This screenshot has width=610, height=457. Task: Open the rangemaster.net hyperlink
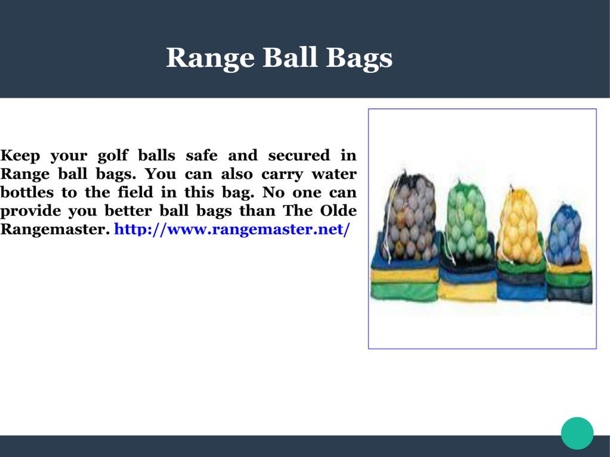(232, 229)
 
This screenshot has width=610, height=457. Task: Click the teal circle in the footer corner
(577, 433)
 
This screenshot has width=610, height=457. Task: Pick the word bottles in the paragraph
(27, 192)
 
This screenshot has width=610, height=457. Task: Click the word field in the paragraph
(135, 192)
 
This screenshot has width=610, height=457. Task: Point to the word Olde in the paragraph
(338, 211)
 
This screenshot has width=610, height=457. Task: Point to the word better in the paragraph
(128, 211)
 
